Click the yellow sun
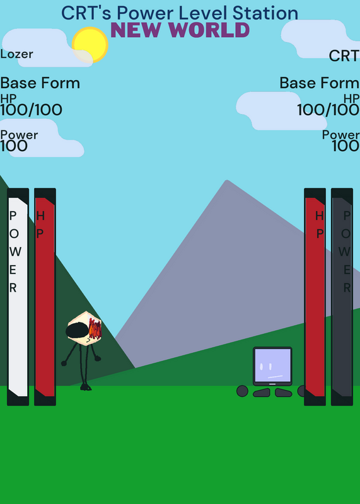[90, 45]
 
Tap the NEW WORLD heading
[180, 30]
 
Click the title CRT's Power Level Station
[180, 13]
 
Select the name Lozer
[16, 54]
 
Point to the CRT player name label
[344, 56]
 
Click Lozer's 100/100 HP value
[31, 110]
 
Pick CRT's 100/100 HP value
[328, 110]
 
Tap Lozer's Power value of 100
[14, 146]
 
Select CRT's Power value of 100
[345, 146]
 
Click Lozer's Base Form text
[40, 83]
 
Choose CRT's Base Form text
[319, 83]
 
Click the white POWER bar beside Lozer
[18, 297]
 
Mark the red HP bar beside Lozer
[45, 297]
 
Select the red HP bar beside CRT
[315, 297]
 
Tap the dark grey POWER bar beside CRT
[342, 297]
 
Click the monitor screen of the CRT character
[272, 365]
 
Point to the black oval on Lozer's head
[76, 330]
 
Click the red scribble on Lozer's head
[95, 328]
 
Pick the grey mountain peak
[227, 181]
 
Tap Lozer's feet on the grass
[86, 387]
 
